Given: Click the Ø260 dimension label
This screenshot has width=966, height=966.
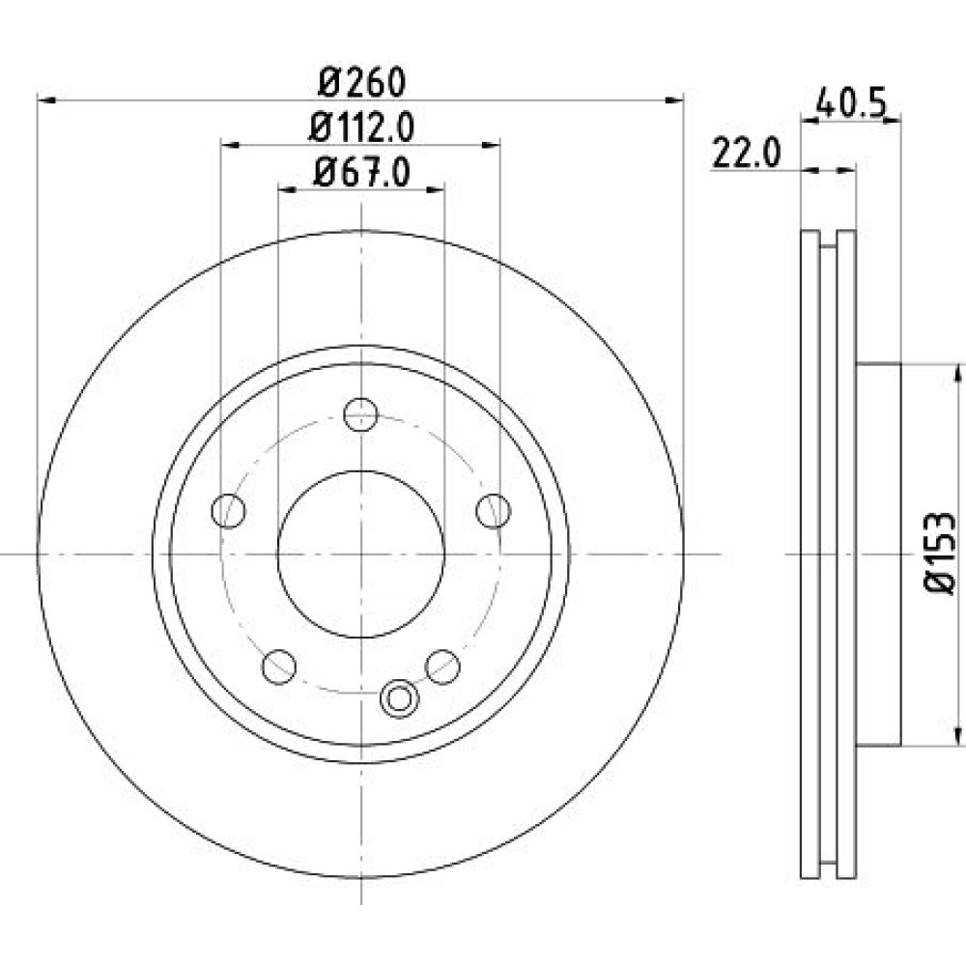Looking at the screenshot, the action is point(362,82).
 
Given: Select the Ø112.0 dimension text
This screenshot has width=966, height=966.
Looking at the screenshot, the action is point(361,128).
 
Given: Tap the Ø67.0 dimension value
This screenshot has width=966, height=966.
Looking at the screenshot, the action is point(361,173).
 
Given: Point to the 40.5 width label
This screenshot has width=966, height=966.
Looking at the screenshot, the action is point(851,102).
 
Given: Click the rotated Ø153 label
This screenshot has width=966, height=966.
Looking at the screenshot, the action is point(941,553).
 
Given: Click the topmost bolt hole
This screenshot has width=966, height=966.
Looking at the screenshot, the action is point(361,414).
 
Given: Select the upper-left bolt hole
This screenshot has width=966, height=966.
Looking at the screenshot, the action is point(229,511).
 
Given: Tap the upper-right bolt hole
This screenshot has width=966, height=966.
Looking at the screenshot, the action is point(494,511).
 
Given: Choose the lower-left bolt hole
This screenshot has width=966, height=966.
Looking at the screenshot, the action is point(279,667).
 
